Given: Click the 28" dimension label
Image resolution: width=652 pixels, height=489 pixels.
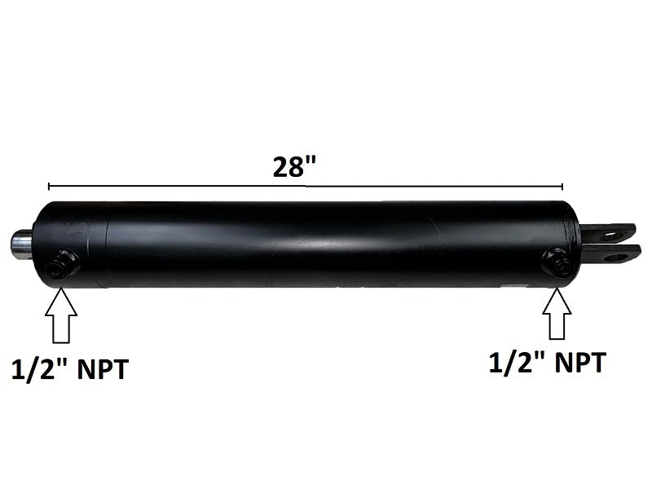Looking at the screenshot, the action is [294, 167].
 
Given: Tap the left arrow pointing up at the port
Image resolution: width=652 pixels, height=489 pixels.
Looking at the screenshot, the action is [60, 315].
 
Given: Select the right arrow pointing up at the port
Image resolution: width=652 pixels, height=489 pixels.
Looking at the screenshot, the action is [557, 314].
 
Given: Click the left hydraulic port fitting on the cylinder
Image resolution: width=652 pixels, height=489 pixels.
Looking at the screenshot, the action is [64, 264].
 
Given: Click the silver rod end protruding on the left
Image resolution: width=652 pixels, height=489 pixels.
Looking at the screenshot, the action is [21, 243].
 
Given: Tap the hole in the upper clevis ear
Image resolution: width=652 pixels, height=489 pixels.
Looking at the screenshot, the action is [612, 235].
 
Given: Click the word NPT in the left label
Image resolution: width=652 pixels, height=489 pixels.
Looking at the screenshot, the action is [104, 369].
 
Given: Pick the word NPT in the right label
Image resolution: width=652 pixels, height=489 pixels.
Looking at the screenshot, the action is [580, 363].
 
